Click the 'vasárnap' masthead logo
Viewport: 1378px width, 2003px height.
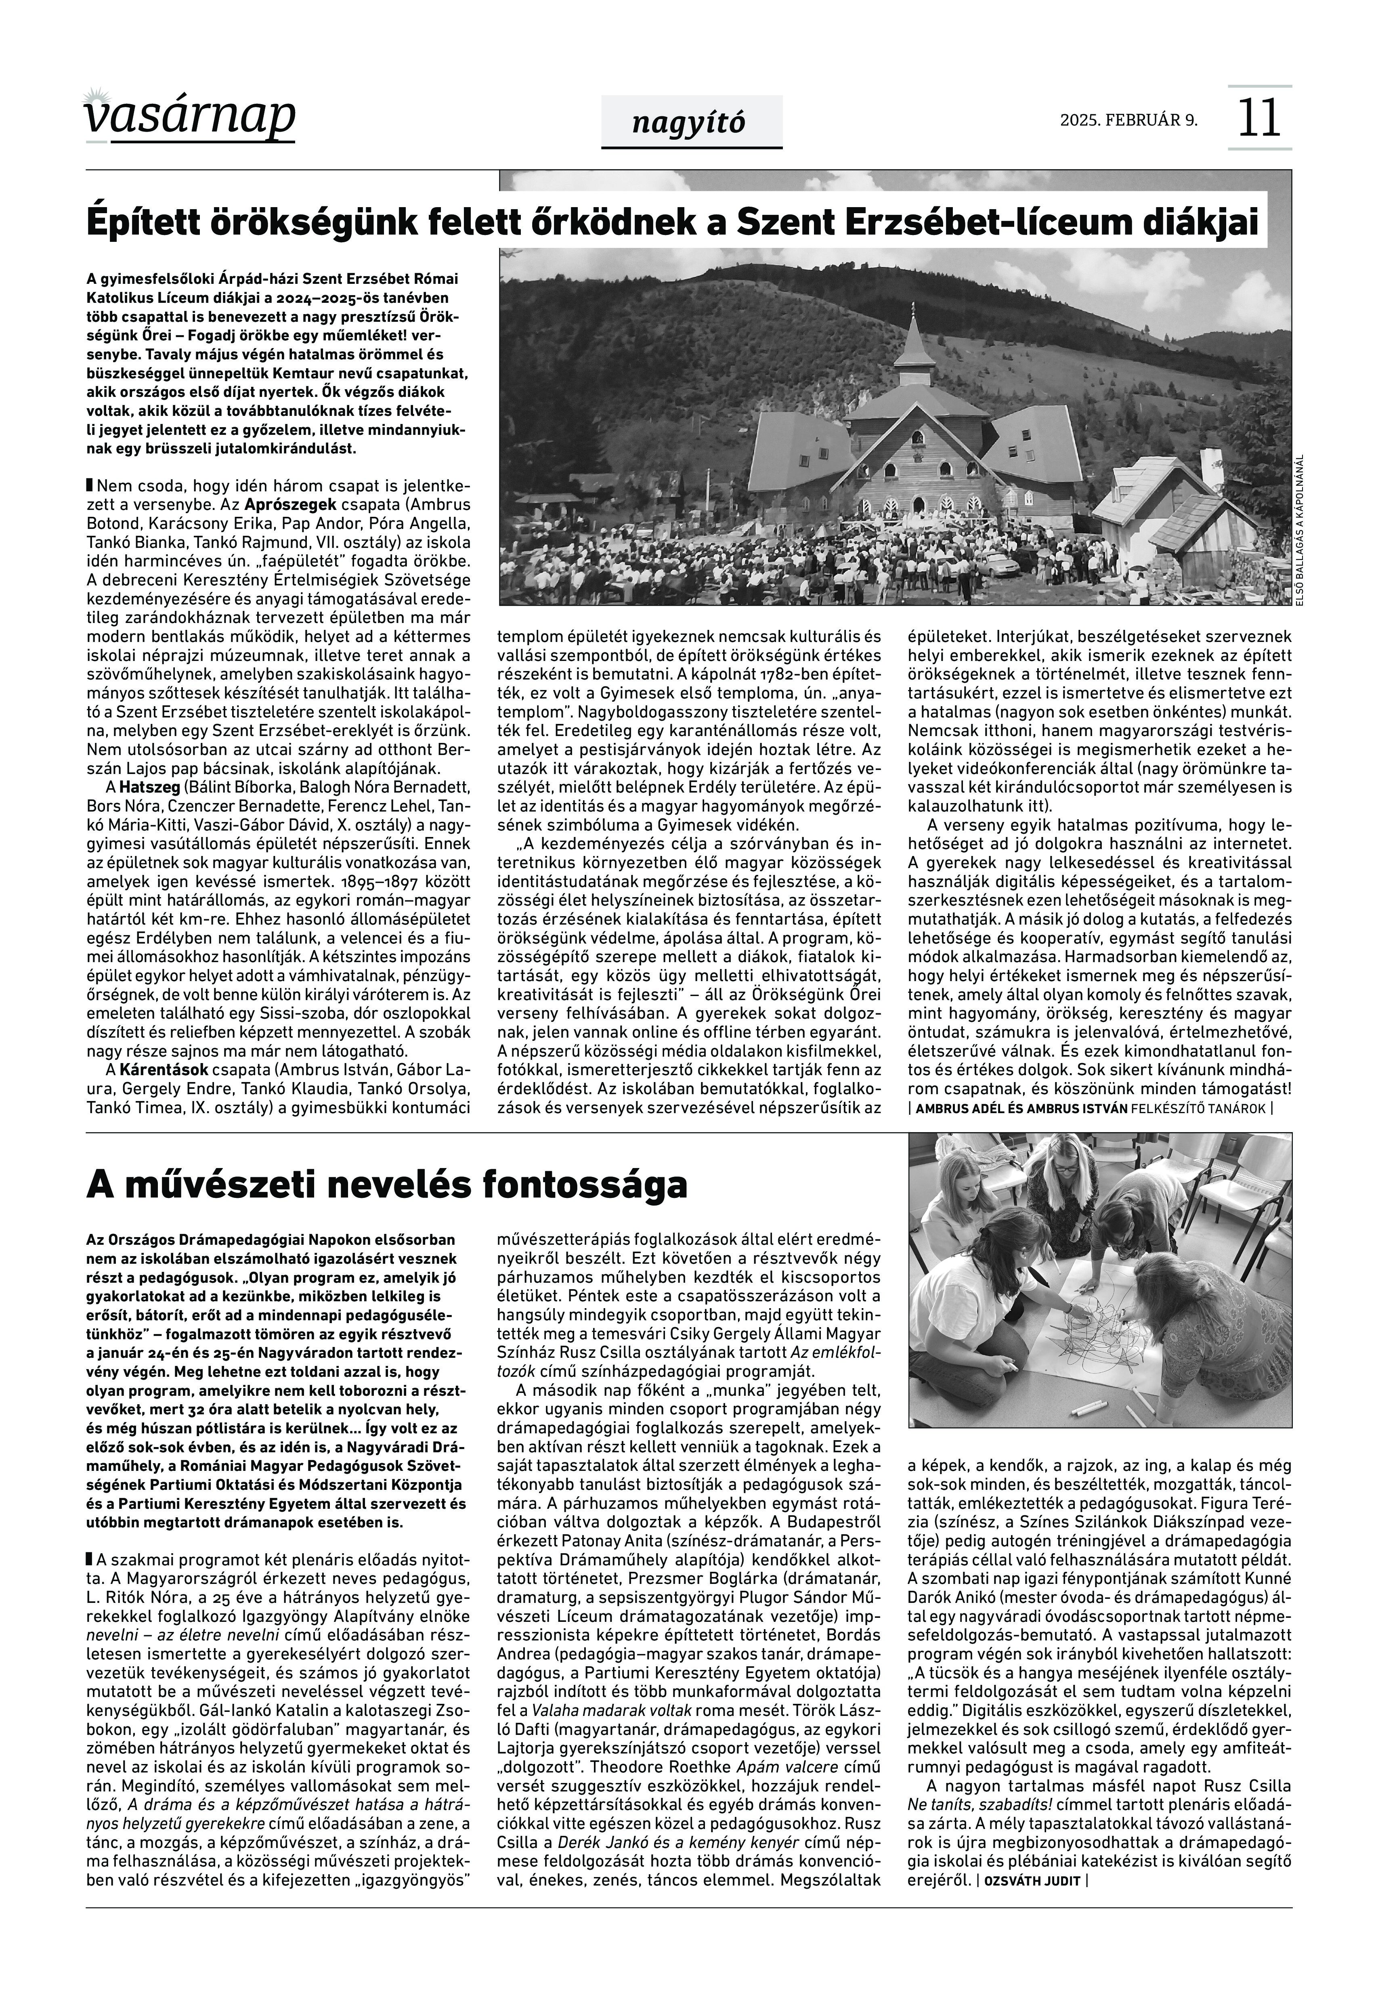click(190, 117)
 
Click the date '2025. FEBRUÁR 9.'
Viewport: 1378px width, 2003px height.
click(1128, 120)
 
